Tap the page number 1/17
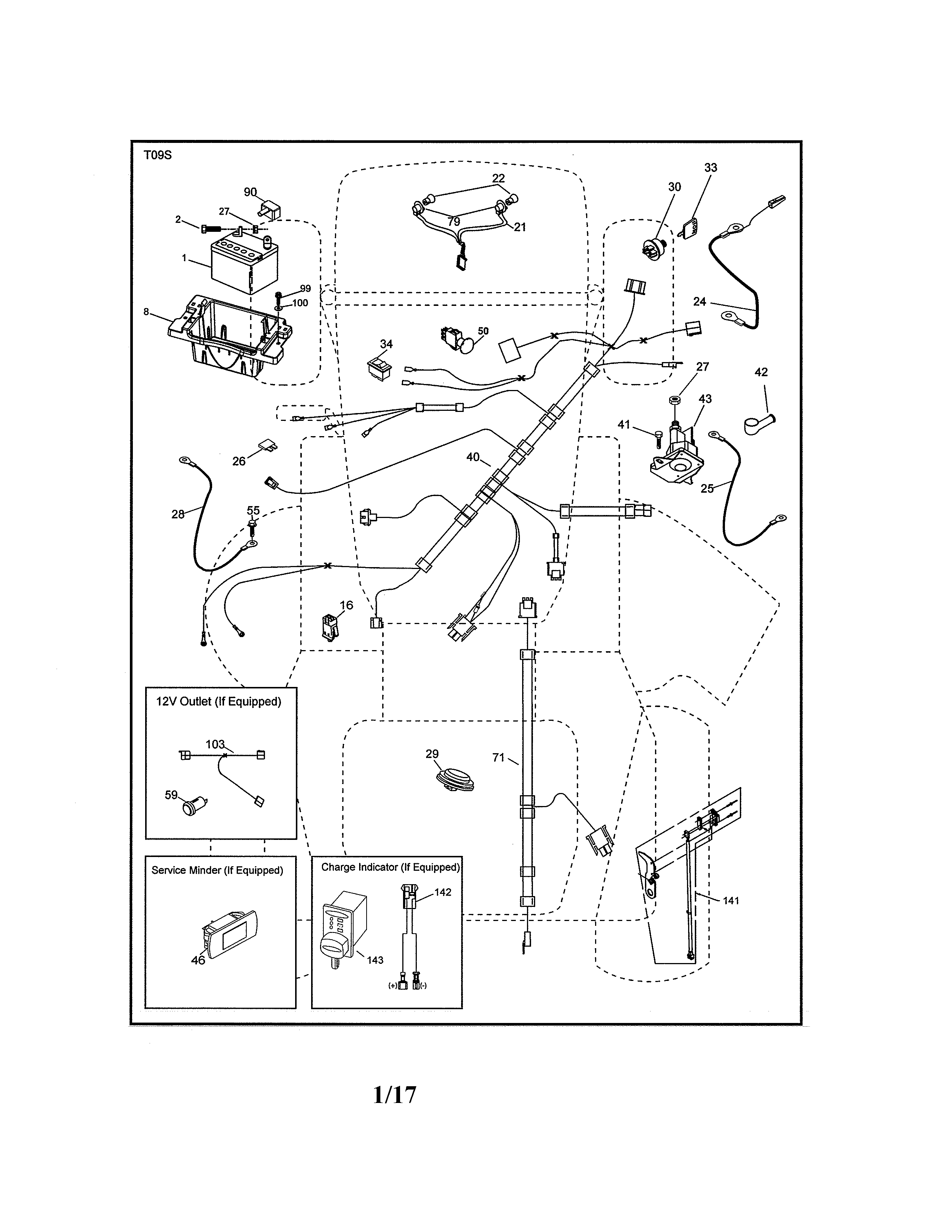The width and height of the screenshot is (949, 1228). tap(394, 1095)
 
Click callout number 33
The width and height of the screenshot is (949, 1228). tap(710, 167)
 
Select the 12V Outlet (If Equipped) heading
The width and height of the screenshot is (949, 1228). tap(218, 702)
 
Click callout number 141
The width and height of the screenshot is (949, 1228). tap(731, 901)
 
